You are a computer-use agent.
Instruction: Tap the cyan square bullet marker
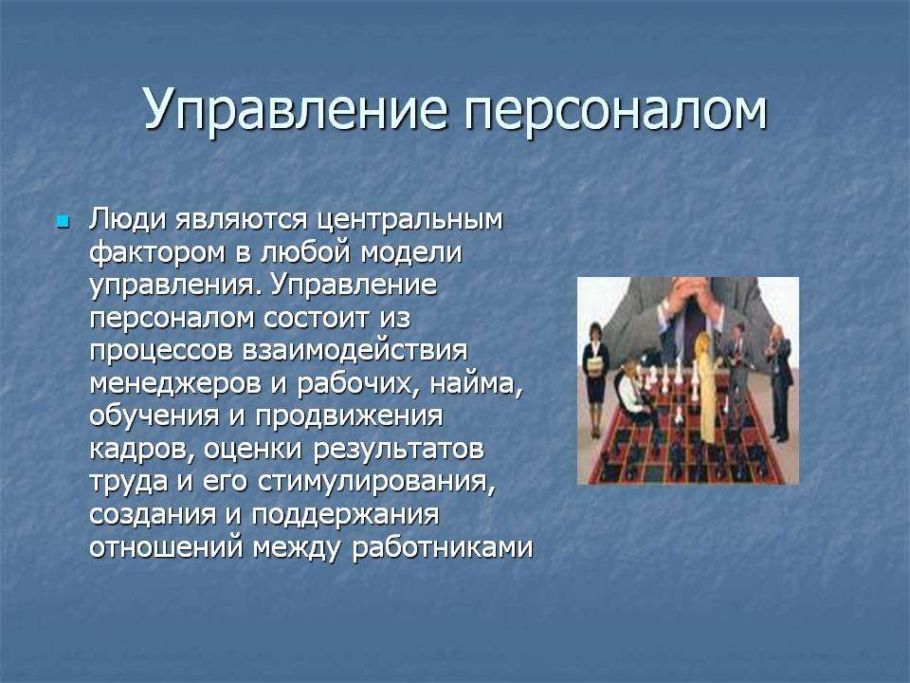[63, 221]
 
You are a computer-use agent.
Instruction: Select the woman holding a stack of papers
[595, 378]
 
